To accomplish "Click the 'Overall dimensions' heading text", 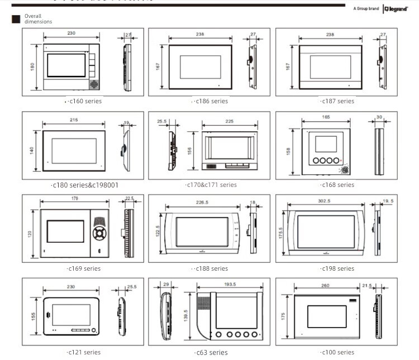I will click(38, 19).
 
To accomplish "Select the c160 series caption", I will click(84, 101).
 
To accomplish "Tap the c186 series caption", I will click(211, 101).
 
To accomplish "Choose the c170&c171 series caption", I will click(211, 185).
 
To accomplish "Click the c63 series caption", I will click(211, 352).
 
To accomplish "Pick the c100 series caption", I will click(337, 352).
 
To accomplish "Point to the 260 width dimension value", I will click(325, 285).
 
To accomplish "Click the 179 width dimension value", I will click(74, 199).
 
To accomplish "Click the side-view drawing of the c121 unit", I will click(122, 316).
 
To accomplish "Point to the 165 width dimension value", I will click(326, 117).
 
